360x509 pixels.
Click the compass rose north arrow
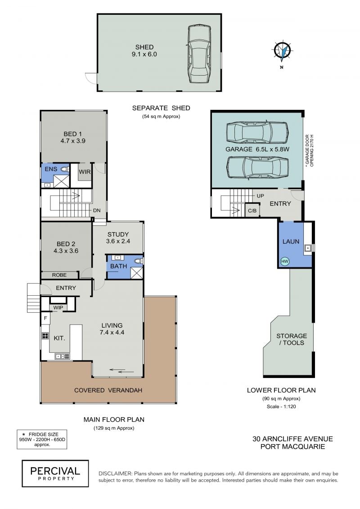[283, 51]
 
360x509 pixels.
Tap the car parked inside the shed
[198, 55]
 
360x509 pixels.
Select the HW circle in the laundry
[285, 261]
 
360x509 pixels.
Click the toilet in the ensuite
[65, 169]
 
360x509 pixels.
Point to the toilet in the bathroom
[139, 261]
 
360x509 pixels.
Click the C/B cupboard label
[252, 211]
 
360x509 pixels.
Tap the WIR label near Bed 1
[85, 172]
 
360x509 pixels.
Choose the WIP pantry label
[58, 308]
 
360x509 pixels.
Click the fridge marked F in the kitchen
[45, 319]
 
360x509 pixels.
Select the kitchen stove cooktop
[45, 336]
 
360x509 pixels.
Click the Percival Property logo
[55, 473]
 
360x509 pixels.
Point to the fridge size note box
[42, 439]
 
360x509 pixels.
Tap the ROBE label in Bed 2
[59, 275]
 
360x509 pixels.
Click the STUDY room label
[118, 234]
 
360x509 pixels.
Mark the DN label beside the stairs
[97, 210]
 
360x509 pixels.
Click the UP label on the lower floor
[261, 196]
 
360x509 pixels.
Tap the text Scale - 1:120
[281, 406]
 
